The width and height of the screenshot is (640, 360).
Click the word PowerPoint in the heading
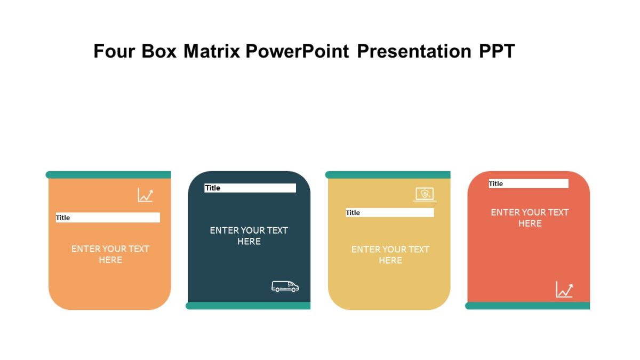[x=298, y=51]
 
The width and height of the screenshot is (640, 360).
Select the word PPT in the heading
[x=497, y=51]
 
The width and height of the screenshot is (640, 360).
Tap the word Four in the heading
[x=115, y=51]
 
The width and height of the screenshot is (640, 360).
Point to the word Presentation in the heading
[x=414, y=51]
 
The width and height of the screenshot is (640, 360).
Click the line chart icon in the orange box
[x=145, y=195]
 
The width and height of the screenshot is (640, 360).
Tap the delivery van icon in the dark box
[x=285, y=286]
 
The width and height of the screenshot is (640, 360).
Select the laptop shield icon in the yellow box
[x=425, y=194]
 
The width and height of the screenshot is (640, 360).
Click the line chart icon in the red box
[x=564, y=290]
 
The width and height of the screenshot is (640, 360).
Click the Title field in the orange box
[x=108, y=218]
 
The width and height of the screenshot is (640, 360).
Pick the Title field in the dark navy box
[x=250, y=188]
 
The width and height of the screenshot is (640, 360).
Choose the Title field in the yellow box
[x=389, y=213]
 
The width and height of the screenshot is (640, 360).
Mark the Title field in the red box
[x=529, y=183]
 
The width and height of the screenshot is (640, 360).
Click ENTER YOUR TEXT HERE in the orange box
[x=110, y=254]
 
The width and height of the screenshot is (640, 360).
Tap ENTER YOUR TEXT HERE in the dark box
[x=249, y=236]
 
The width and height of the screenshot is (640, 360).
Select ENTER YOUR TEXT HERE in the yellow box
[x=390, y=255]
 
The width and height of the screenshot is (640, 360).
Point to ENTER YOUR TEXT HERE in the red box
[x=530, y=218]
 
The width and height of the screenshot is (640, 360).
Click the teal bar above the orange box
[x=109, y=175]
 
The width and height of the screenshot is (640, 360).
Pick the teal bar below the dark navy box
[x=248, y=306]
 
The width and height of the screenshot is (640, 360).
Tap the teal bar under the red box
[x=527, y=306]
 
